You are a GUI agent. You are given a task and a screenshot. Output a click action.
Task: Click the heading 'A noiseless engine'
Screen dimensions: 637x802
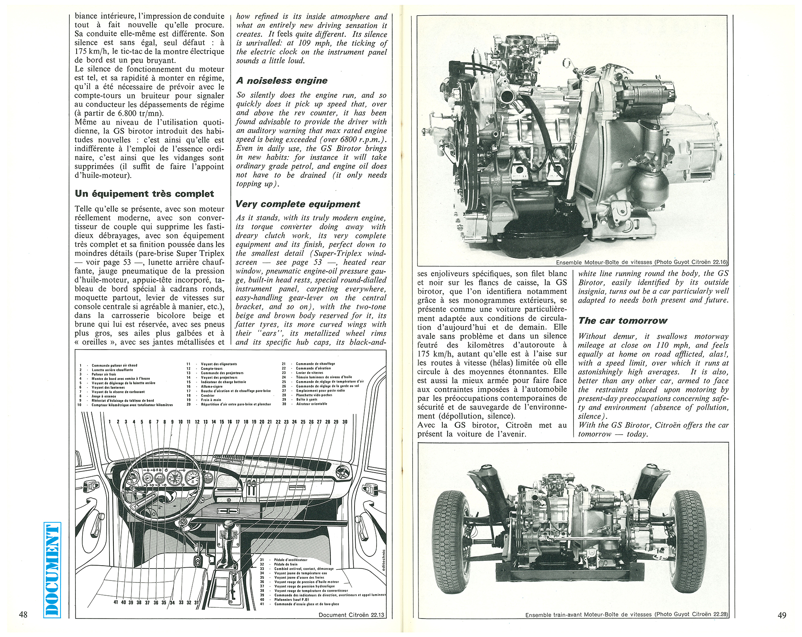282,81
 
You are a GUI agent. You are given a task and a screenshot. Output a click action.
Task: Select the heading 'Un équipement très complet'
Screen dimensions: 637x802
144,194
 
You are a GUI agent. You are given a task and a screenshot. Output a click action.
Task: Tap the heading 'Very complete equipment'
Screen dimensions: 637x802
298,204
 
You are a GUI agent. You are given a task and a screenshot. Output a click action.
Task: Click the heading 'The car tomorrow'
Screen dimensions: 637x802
622,321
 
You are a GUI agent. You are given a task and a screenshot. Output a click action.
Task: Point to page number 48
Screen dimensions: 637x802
23,615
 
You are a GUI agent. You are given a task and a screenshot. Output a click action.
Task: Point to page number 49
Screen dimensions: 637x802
782,615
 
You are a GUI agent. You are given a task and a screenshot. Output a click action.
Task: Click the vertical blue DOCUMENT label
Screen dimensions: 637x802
52,569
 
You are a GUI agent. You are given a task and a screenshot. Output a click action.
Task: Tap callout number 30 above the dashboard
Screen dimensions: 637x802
345,422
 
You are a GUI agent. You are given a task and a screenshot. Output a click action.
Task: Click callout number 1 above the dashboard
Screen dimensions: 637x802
110,422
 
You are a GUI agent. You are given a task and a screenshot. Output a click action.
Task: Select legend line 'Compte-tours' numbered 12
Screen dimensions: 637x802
211,368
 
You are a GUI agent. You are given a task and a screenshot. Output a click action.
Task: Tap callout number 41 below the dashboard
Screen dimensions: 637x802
116,602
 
